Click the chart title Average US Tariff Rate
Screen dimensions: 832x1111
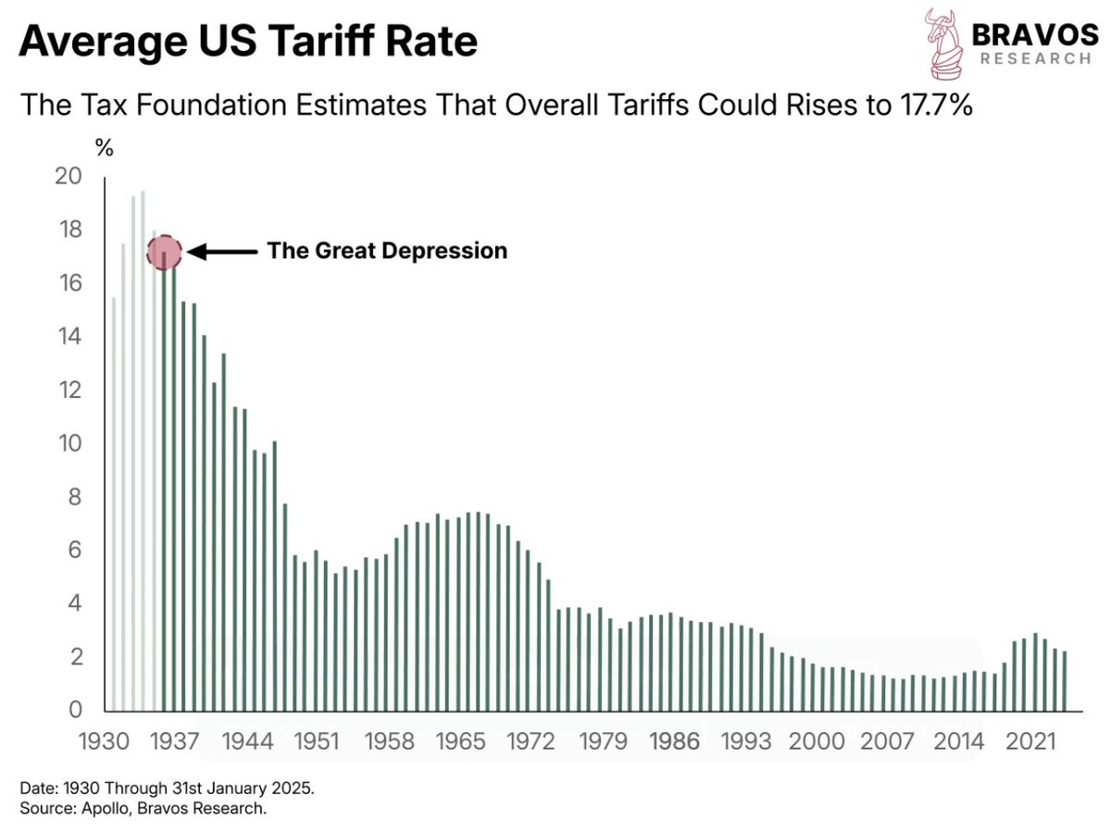(x=248, y=43)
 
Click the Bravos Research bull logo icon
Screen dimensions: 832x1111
(x=941, y=43)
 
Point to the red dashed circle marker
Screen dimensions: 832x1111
(x=165, y=251)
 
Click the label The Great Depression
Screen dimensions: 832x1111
(x=387, y=251)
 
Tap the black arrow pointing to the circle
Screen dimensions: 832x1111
(x=222, y=251)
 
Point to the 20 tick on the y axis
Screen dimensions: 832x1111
(x=69, y=176)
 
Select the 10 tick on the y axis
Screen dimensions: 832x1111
(x=69, y=443)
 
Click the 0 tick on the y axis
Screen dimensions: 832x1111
(x=77, y=710)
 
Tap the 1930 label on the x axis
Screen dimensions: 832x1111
(x=102, y=742)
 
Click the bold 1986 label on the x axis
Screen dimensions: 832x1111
(x=675, y=742)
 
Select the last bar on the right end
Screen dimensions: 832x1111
(x=1065, y=680)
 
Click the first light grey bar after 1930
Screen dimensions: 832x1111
(x=114, y=504)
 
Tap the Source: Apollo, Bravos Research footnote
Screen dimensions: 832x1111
(x=143, y=809)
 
